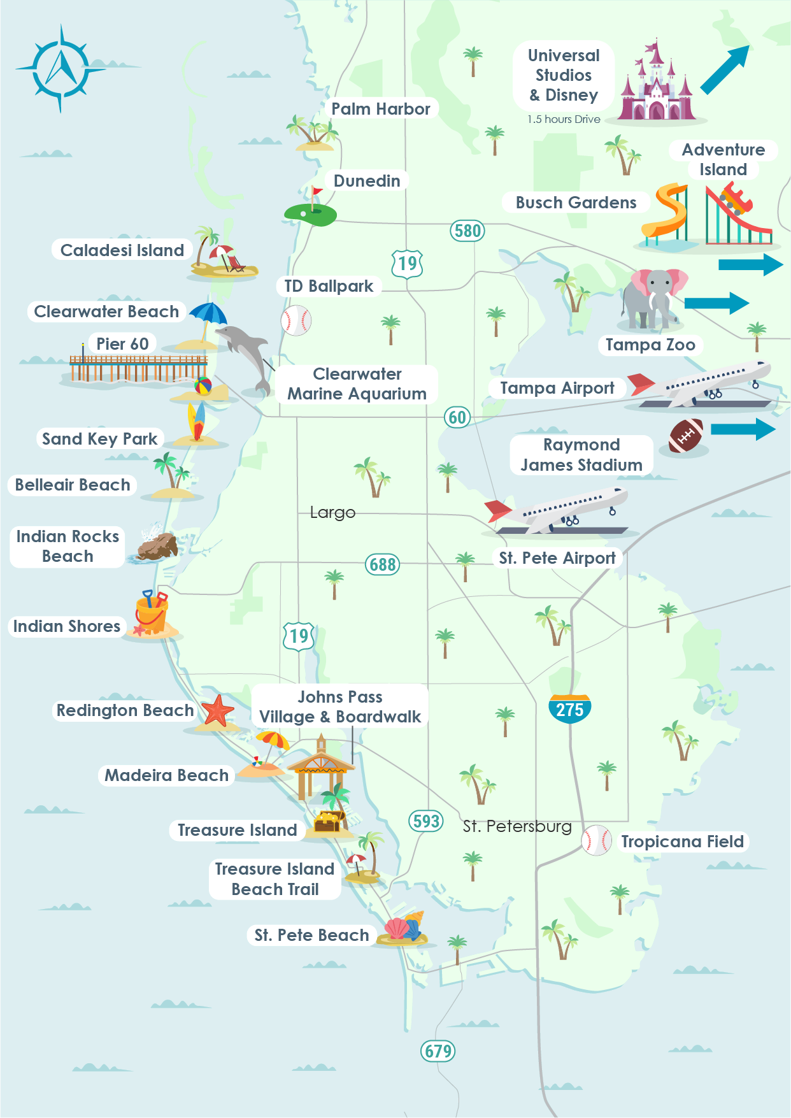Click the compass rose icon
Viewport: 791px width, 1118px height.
[61, 68]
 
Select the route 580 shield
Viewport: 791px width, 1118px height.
[467, 231]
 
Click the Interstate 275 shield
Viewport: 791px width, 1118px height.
[569, 708]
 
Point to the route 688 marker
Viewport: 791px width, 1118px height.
[382, 564]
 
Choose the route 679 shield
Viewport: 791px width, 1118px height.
[438, 1050]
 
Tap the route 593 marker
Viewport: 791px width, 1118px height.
[425, 821]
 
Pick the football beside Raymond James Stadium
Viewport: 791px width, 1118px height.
[685, 436]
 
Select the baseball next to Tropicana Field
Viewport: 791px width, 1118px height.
[597, 840]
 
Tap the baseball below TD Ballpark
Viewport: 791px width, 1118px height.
[296, 320]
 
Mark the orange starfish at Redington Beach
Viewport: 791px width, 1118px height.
[217, 711]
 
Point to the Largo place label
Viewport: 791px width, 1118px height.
[332, 513]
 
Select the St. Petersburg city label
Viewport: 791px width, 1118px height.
[517, 827]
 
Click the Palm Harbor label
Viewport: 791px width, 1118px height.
[380, 109]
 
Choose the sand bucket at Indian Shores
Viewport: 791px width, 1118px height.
[152, 612]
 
